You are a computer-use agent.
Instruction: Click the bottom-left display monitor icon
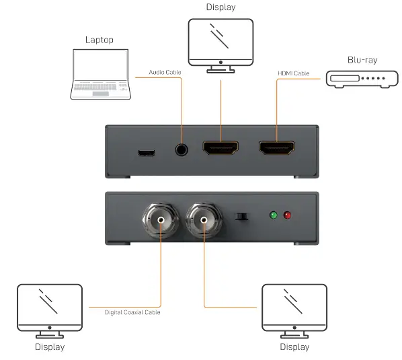tap(50, 310)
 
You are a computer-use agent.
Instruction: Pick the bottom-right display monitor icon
tap(294, 310)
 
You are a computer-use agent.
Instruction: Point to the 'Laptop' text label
tap(99, 40)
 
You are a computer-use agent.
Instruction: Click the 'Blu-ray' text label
tap(362, 60)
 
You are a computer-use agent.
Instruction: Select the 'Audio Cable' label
tap(164, 73)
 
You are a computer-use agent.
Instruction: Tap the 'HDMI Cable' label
tap(293, 73)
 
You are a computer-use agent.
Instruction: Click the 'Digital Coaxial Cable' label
tap(132, 312)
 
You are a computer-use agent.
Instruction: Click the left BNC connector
tap(160, 219)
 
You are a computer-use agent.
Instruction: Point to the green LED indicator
tap(273, 216)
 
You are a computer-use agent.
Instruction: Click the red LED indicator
tap(288, 216)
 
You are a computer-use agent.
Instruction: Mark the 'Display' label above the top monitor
tap(221, 7)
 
